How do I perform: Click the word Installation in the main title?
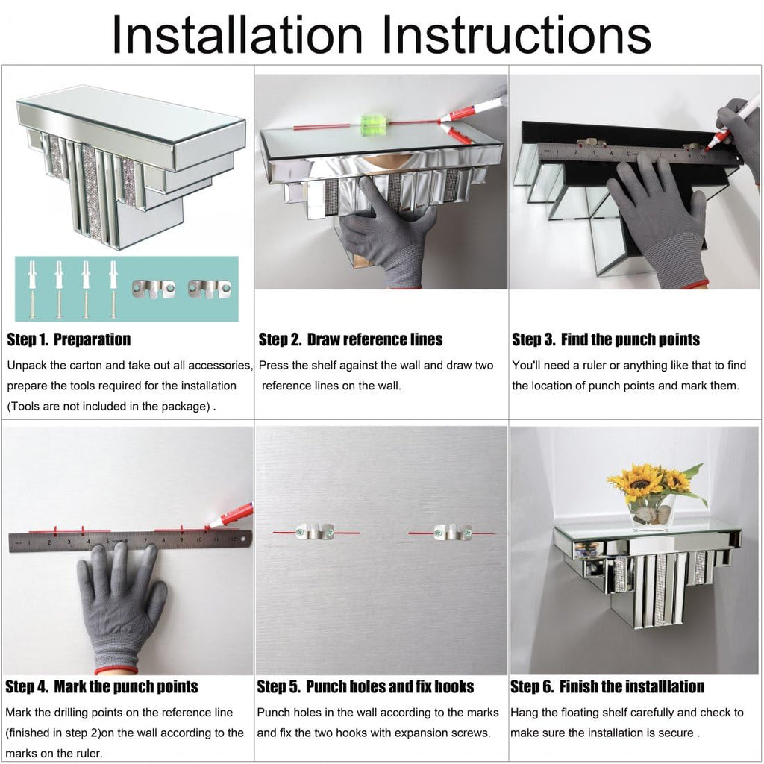click(x=237, y=34)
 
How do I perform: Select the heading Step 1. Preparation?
click(x=69, y=339)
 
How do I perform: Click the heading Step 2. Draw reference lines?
click(x=351, y=339)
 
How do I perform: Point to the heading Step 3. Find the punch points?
click(x=606, y=339)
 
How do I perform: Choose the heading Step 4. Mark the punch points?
click(x=101, y=686)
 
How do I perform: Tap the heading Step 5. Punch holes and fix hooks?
click(x=366, y=686)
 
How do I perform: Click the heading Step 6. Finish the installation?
click(x=607, y=686)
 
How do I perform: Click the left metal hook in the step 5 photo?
click(x=316, y=531)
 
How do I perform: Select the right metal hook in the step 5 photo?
click(x=453, y=531)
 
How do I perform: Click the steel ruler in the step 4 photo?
click(x=130, y=542)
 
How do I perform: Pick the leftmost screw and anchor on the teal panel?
click(x=32, y=289)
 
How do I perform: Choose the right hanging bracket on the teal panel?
click(x=210, y=289)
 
